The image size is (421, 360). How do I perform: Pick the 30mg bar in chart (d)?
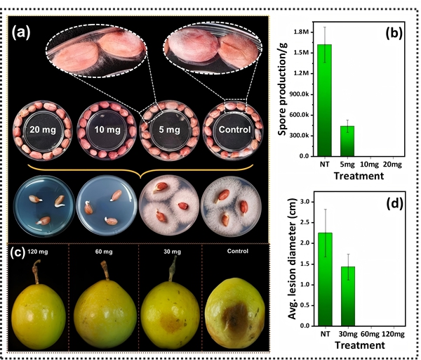(347, 296)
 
